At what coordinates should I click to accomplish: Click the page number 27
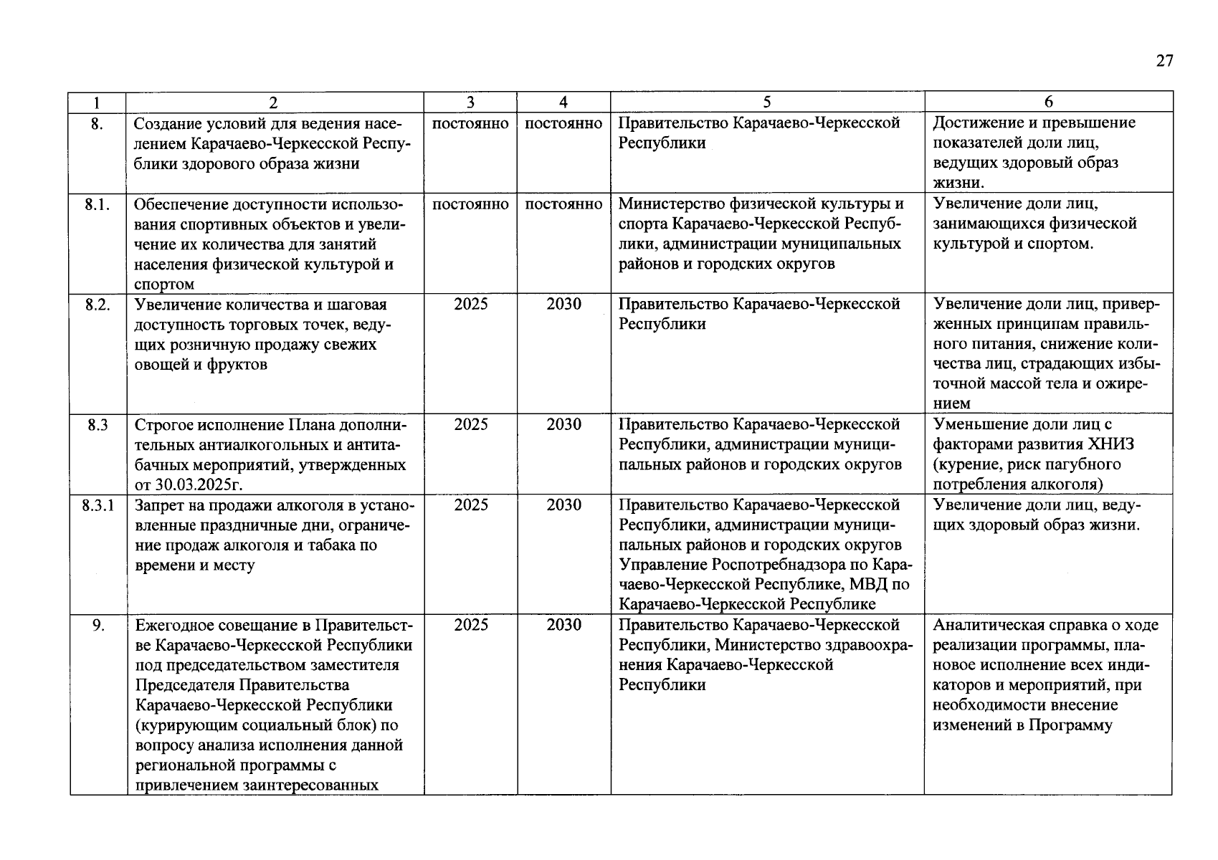point(1164,61)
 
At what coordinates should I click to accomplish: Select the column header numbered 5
point(767,102)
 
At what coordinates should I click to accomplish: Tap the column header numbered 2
point(274,102)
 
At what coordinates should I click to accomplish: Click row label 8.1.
point(97,204)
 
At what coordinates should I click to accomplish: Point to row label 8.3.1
point(97,505)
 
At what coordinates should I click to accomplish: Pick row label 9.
point(98,625)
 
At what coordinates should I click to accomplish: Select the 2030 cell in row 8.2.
point(563,305)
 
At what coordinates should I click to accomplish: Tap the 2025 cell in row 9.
point(471,625)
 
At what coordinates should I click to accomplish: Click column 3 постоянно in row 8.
point(471,123)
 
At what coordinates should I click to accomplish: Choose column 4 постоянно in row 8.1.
point(563,204)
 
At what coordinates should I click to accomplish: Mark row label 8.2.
point(97,305)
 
